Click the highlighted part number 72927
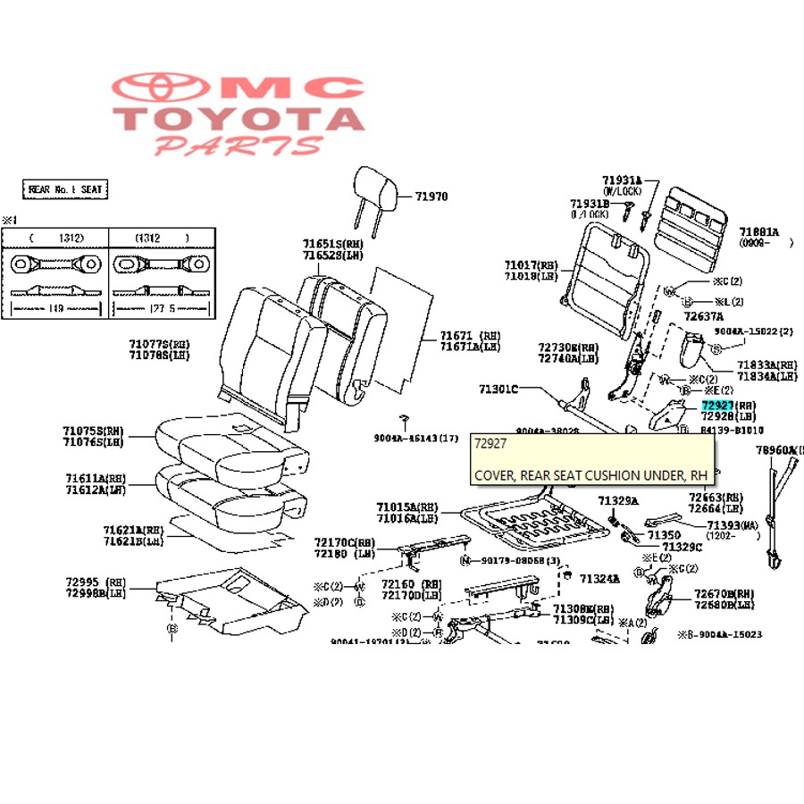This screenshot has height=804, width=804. pyautogui.click(x=716, y=406)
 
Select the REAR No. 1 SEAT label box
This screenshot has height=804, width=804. pyautogui.click(x=64, y=189)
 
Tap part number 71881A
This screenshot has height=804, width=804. pyautogui.click(x=758, y=230)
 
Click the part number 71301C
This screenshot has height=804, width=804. pyautogui.click(x=498, y=389)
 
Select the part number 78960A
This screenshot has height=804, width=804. pyautogui.click(x=779, y=451)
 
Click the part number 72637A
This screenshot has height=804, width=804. pyautogui.click(x=703, y=316)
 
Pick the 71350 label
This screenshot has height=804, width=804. pyautogui.click(x=664, y=534)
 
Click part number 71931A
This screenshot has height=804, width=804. pyautogui.click(x=623, y=180)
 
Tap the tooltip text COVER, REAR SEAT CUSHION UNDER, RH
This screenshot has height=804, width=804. pyautogui.click(x=590, y=475)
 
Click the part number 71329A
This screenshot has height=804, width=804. pyautogui.click(x=618, y=501)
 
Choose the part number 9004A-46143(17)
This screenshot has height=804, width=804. pyautogui.click(x=415, y=438)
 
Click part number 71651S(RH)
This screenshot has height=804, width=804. pyautogui.click(x=333, y=243)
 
